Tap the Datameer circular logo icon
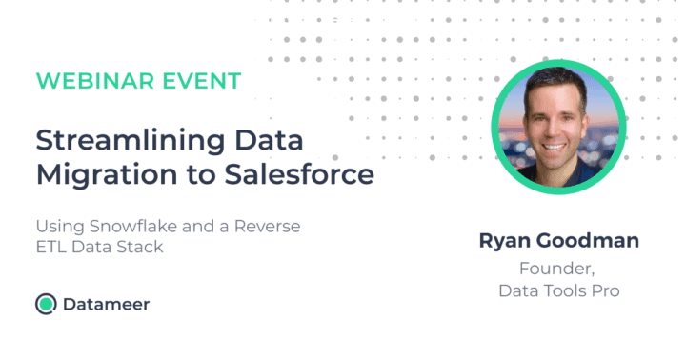45,304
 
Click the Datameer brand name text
106,305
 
